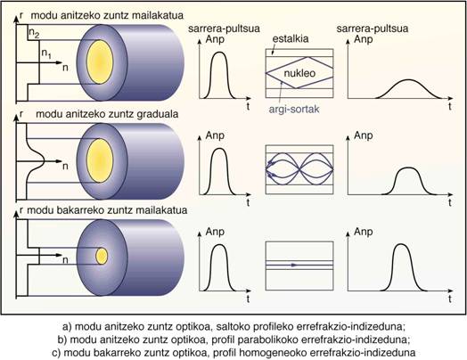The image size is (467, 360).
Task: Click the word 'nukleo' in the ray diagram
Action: pos(299,73)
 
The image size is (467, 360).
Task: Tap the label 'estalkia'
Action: pos(291,38)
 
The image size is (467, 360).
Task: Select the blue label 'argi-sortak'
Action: pos(294,109)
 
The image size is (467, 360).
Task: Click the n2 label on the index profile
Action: pos(34,34)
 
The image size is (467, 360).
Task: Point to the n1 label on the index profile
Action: pos(46,53)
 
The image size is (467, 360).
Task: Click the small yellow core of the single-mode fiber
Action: pos(102,256)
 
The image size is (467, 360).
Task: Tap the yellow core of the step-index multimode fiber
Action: pos(100,62)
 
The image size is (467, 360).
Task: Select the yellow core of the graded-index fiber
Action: pos(100,160)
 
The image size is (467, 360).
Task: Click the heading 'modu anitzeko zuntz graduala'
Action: pos(107,114)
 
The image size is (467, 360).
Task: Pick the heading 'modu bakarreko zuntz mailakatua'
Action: pos(107,210)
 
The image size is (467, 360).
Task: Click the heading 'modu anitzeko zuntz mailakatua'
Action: pos(107,15)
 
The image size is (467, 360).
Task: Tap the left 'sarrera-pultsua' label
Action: pos(224,29)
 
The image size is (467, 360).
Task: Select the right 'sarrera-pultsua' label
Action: pos(373,29)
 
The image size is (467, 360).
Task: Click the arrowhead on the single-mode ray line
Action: pos(295,265)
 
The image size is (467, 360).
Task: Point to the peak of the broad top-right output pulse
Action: pos(408,80)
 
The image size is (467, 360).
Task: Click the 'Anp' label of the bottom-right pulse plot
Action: pos(363,232)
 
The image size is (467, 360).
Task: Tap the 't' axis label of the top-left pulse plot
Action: pos(248,106)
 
